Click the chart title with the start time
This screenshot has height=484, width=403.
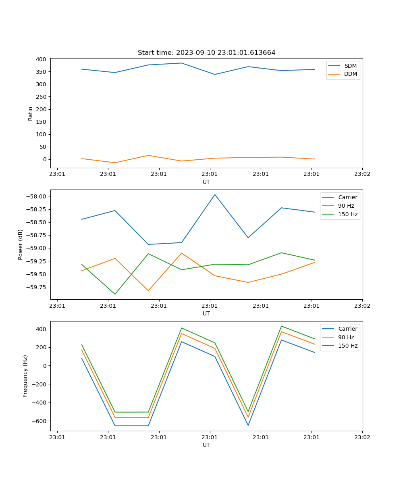206,53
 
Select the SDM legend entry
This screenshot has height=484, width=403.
350,66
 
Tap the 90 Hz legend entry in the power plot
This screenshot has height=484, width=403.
346,206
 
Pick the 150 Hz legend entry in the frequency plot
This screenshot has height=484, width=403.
348,346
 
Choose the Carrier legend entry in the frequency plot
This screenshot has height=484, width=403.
347,329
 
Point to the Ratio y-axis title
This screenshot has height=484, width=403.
31,113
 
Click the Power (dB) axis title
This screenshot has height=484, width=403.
21,244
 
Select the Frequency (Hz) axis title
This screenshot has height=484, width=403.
25,376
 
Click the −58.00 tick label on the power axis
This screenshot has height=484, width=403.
36,196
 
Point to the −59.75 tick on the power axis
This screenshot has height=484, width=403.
36,287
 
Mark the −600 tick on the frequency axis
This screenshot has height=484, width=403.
39,421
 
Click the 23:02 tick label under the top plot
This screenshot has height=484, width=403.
362,174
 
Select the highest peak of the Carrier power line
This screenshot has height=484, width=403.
215,194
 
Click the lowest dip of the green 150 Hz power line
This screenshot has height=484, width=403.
115,294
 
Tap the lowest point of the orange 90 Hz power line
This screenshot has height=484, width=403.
148,290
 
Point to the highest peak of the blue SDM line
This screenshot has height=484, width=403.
181,63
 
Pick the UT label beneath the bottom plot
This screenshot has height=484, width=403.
206,445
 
